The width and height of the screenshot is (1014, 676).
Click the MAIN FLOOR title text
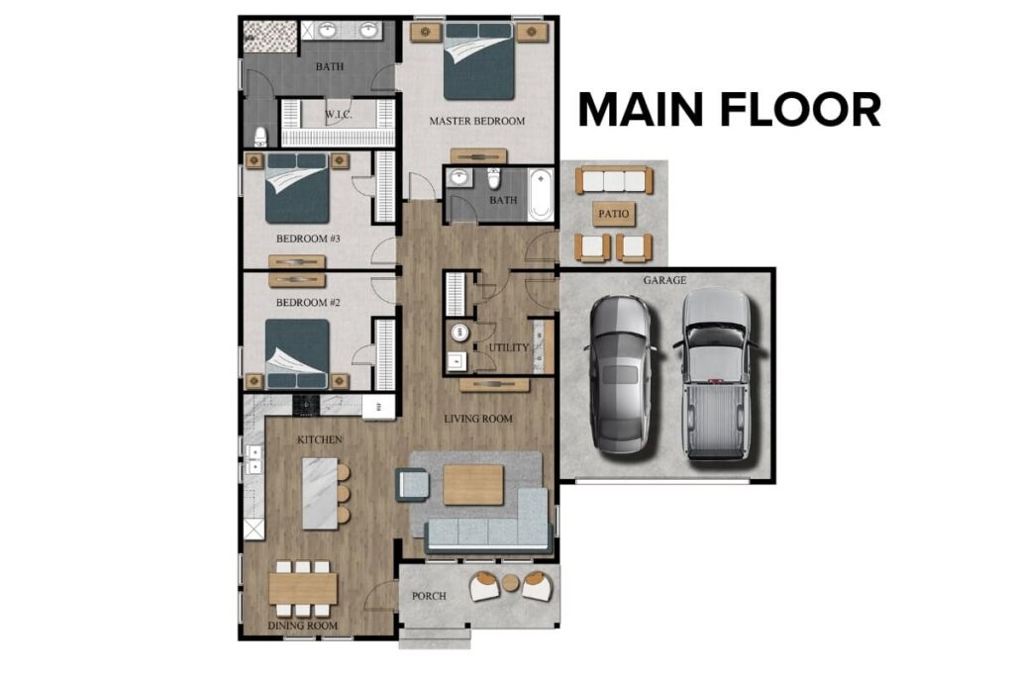[x=729, y=109]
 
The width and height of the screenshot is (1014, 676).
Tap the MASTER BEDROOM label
[x=476, y=122]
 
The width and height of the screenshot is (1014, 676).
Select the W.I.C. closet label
[x=339, y=116]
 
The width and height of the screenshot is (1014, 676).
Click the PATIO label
[x=614, y=214]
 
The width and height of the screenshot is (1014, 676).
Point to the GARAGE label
[x=664, y=281]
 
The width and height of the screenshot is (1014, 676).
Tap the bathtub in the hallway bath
[x=541, y=195]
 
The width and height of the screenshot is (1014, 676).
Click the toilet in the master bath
[x=260, y=136]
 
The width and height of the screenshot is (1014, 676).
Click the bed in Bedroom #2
[x=296, y=353]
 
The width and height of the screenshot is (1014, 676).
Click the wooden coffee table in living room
[x=473, y=485]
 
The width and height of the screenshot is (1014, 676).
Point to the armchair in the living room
[x=412, y=485]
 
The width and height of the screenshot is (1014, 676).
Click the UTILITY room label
[x=508, y=348]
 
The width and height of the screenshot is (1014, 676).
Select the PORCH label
[x=429, y=596]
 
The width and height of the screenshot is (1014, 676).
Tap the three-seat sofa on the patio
[x=614, y=181]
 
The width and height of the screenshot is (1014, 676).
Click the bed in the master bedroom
[x=479, y=62]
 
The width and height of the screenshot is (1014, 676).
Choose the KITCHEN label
[x=320, y=438]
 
